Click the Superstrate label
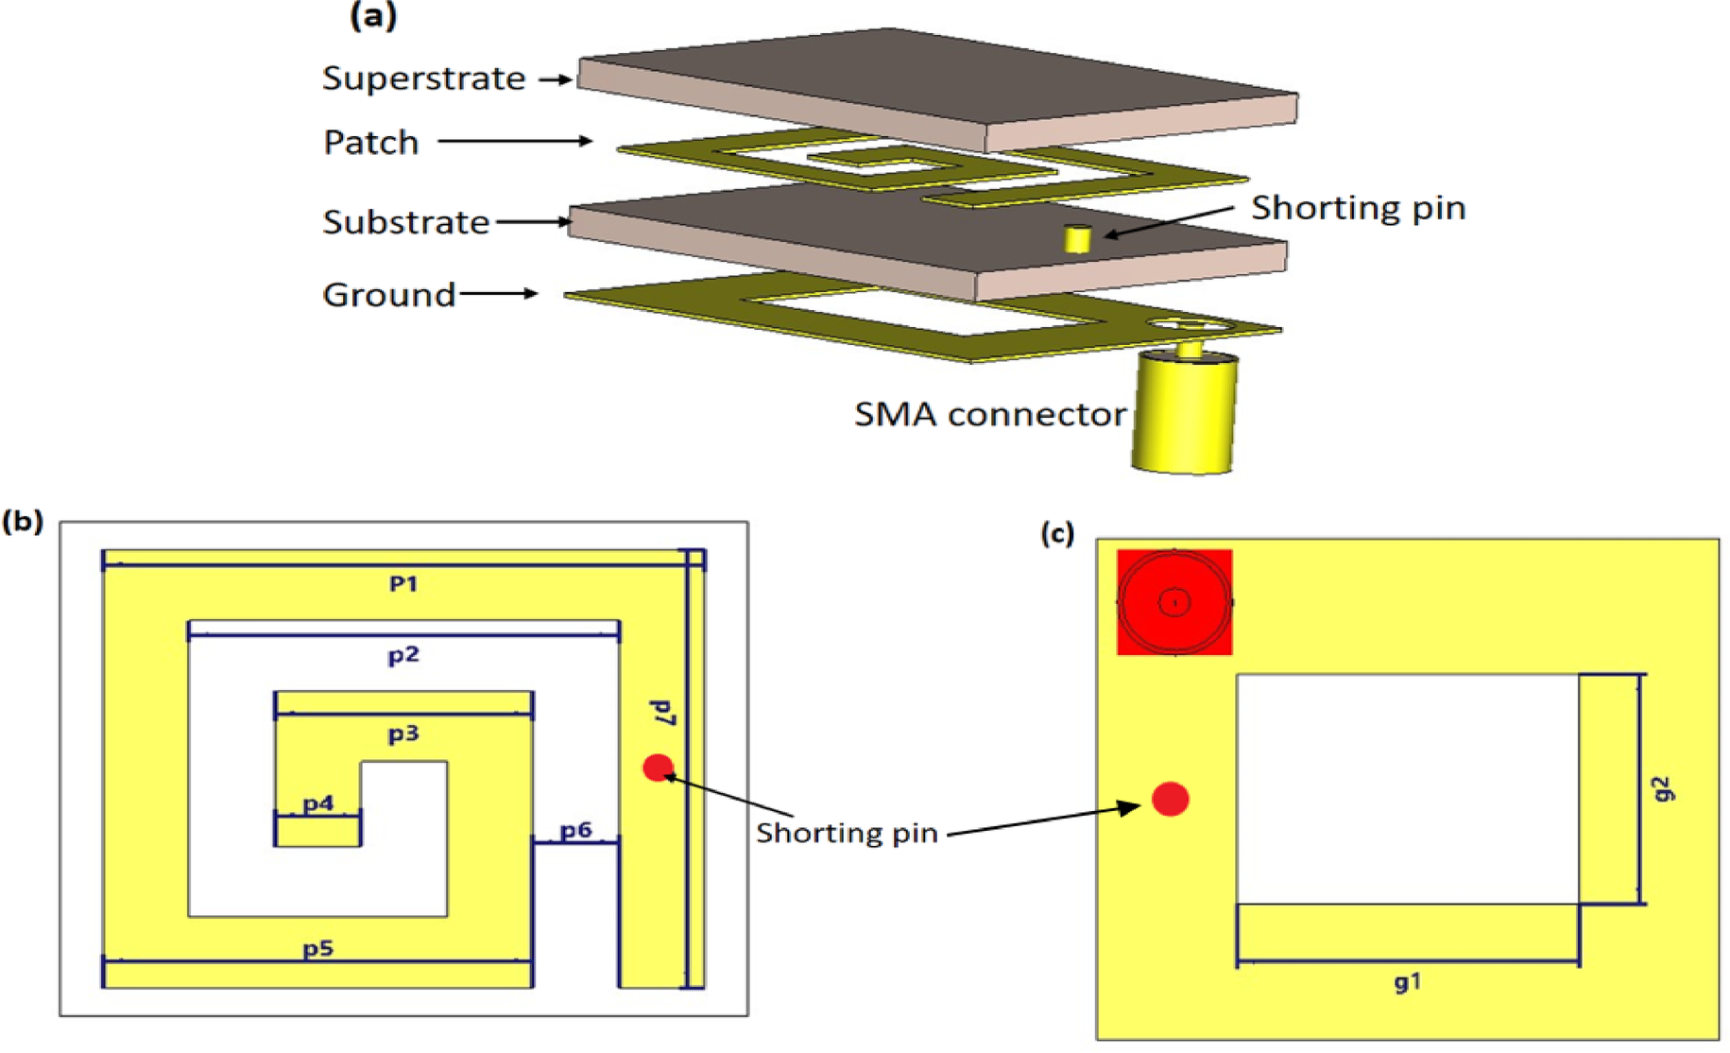pos(423,78)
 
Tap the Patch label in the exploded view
pos(370,143)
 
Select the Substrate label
pos(405,222)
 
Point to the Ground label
pos(388,295)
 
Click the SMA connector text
pos(989,415)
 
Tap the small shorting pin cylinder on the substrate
pos(1076,238)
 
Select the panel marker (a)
pos(373,16)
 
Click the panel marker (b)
pos(23,522)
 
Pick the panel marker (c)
pos(1057,534)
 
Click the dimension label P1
pos(403,584)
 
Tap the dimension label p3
pos(403,734)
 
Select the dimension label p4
pos(317,803)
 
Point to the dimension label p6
pos(575,830)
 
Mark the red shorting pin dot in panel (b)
pos(658,768)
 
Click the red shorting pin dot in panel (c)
pos(1170,800)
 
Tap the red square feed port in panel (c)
pos(1173,602)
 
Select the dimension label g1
pos(1407,983)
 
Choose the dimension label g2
pos(1664,789)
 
